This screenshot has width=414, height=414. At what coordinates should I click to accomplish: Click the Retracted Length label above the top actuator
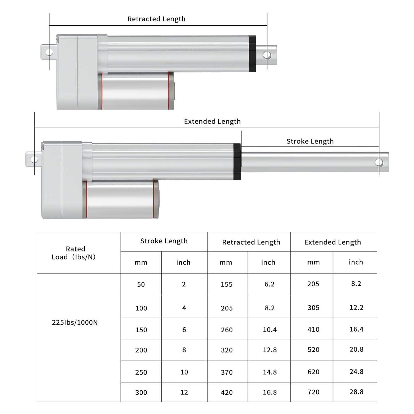coord(156,19)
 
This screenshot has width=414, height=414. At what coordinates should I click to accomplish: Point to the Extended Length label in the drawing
coord(212,121)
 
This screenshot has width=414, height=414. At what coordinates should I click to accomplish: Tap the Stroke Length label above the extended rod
coord(310,141)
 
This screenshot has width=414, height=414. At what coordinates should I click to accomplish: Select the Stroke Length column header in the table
coord(164,241)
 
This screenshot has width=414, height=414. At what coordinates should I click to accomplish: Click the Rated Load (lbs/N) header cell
coord(74,253)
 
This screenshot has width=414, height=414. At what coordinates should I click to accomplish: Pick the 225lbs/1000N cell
coord(75,322)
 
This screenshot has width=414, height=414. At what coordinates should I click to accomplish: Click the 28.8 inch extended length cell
coord(356,392)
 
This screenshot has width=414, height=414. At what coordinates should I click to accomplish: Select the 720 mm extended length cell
coord(313,392)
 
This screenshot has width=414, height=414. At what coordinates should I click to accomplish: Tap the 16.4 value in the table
coord(356,329)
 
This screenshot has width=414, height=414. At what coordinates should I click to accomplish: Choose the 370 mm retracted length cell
coord(227,372)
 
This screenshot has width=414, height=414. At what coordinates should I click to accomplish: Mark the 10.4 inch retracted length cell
coord(270,330)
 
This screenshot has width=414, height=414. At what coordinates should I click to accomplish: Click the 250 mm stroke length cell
coord(141,372)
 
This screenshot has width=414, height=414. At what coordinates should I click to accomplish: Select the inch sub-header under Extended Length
coord(356,262)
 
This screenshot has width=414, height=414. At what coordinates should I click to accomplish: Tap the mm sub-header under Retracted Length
coord(226,262)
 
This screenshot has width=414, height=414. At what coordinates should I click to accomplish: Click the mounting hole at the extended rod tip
coord(379,163)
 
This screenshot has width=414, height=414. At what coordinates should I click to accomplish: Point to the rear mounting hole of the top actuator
coord(49,52)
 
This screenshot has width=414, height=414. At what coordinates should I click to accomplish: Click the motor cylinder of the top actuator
coord(135,91)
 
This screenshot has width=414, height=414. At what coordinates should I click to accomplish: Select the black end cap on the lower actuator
coord(237,161)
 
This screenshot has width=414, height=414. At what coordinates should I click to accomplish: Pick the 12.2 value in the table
coord(356,307)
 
